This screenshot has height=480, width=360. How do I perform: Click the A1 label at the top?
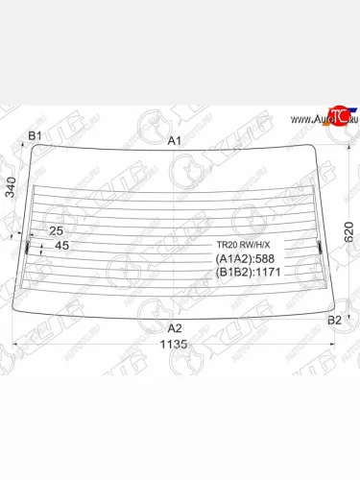tap(175, 140)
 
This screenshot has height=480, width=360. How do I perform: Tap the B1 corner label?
tap(35, 135)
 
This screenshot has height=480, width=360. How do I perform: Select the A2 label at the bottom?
tap(174, 327)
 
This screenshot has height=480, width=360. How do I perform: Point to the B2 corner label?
tap(335, 319)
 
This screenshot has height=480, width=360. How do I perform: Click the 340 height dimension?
tap(11, 190)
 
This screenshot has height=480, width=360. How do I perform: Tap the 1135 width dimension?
tap(174, 344)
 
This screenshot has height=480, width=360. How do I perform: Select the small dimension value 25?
tap(56, 230)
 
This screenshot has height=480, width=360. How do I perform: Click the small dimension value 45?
tap(61, 247)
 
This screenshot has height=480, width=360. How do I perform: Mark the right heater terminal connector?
tap(320, 248)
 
